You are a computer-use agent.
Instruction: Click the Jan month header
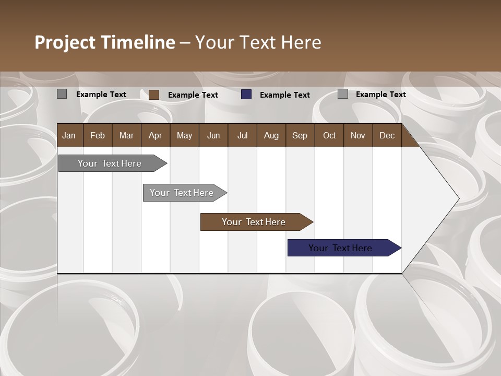pos(69,136)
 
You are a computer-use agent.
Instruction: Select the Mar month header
pos(126,136)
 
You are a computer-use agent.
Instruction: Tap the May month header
pos(184,136)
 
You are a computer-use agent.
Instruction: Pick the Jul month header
pos(242,136)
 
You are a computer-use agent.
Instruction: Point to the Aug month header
pos(271,136)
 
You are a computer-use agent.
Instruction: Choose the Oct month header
pos(329,136)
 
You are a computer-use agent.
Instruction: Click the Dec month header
pos(387,136)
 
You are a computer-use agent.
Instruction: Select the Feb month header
pos(98,136)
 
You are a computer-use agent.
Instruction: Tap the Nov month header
pos(358,136)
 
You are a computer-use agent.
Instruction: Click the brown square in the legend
pos(154,95)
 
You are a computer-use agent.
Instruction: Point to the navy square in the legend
pos(246,95)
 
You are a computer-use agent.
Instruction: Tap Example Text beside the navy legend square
pos(284,95)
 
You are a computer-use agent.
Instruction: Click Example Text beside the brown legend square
pos(193,95)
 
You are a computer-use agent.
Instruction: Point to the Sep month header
pos(300,136)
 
